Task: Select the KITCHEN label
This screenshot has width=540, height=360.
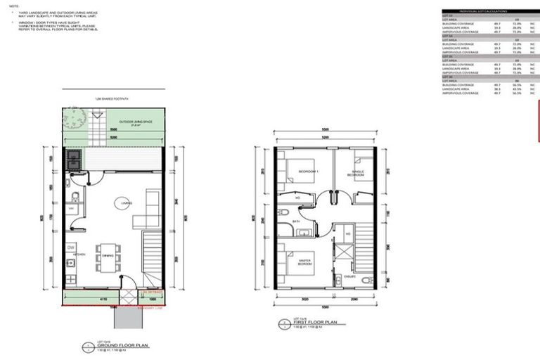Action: (79, 253)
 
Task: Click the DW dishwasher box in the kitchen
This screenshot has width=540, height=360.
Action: (71, 247)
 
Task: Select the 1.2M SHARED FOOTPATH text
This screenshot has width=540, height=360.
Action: (112, 101)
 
